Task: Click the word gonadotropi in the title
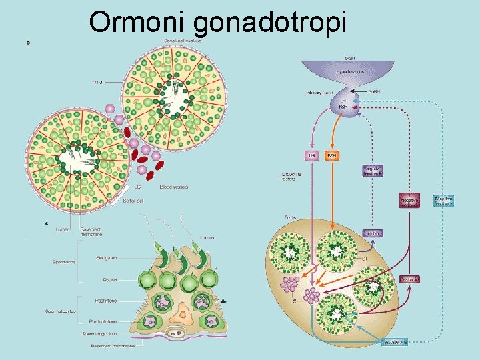pos(271,23)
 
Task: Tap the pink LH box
pos(311,155)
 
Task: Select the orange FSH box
pos(332,155)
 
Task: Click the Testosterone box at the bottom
pos(395,342)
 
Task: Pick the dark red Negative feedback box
pos(410,200)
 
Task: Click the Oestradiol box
pos(409,279)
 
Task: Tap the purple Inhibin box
pos(373,233)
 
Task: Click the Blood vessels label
pos(174,187)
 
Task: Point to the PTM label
pos(97,83)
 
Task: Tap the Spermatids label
pos(65,262)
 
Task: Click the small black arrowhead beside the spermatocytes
pos(223,301)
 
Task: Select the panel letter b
pos(28,42)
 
